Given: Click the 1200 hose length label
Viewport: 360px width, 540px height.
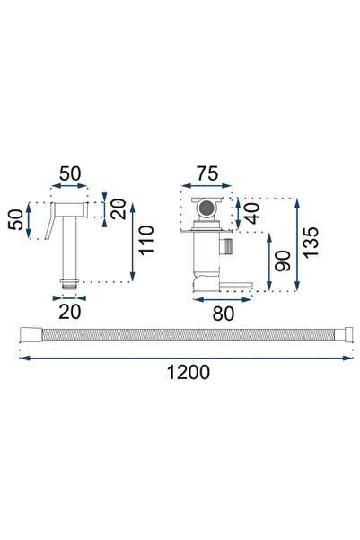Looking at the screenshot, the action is tap(189, 373).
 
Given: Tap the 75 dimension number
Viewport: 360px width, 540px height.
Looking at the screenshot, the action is tap(207, 173).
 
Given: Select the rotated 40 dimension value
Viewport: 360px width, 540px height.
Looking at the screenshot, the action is tap(252, 214).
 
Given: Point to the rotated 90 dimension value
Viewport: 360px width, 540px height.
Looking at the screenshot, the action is tap(283, 261).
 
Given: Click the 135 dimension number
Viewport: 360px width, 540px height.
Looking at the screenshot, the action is tap(311, 242).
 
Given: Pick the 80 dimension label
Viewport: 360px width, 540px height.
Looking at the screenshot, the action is tap(223, 314).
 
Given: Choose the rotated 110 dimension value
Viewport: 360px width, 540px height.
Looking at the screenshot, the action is tap(146, 241).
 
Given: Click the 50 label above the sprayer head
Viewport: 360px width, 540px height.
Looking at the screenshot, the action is tap(70, 173).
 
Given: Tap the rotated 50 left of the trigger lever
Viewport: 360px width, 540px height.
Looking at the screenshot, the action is tap(16, 220).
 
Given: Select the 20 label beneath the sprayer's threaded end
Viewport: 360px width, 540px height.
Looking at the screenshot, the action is tap(69, 312).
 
